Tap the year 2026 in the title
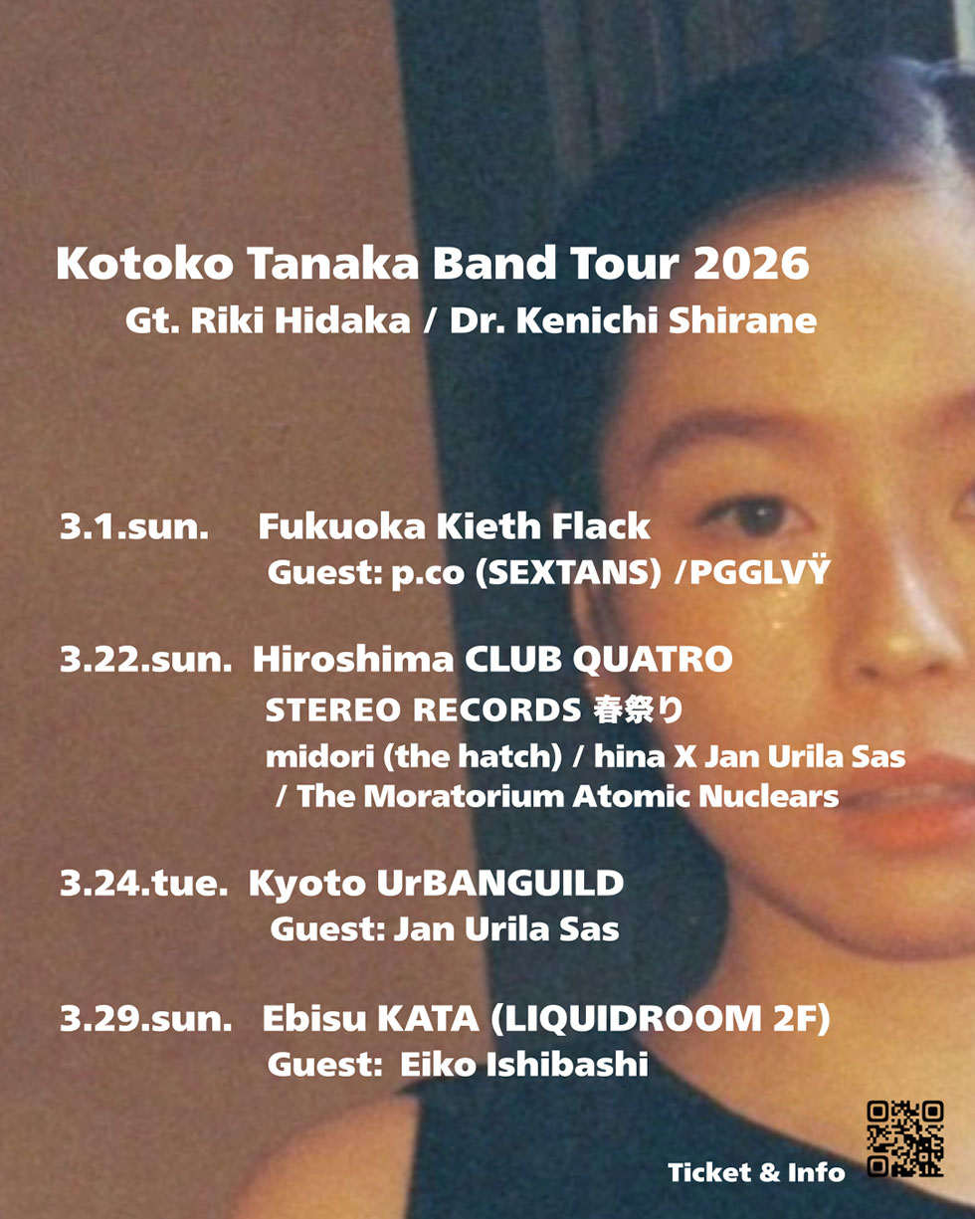coord(751,264)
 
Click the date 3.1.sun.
coord(134,526)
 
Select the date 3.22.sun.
coord(146,661)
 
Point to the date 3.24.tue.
coord(144,884)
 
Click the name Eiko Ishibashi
coord(524,1065)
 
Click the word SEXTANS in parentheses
coord(568,572)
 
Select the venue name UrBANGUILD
coord(500,884)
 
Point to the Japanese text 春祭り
coord(639,710)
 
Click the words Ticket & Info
coord(756,1172)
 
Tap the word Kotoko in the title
coord(144,264)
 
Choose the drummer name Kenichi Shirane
coord(667,320)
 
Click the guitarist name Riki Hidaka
coord(300,320)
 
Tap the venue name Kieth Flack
coord(543,526)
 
